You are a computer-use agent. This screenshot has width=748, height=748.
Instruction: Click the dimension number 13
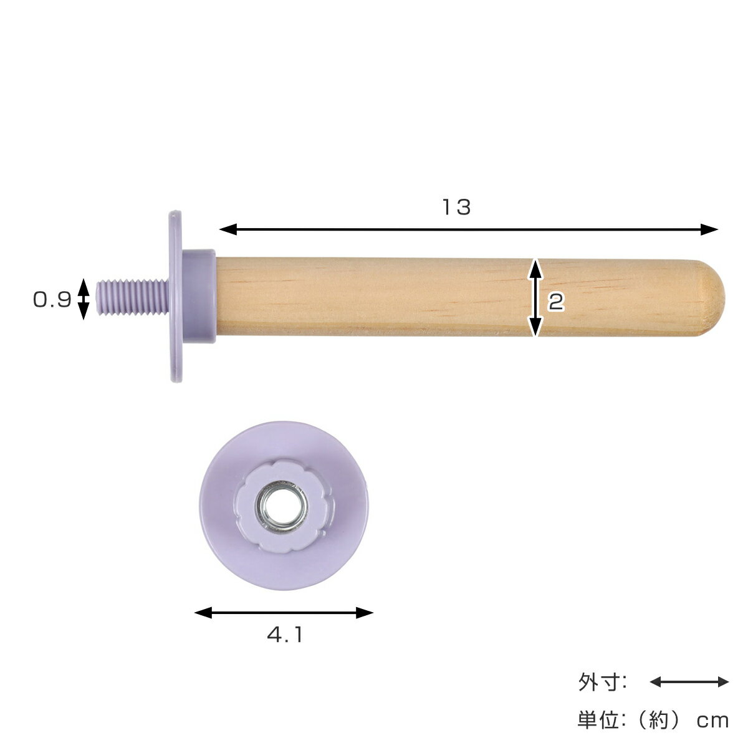coord(457,207)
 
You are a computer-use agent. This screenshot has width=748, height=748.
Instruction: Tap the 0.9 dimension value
coord(52,300)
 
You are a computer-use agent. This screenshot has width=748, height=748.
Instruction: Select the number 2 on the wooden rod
coord(556,302)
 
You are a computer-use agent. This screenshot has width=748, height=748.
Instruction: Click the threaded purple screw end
coord(132,297)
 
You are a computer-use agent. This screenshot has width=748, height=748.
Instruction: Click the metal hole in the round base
coord(282,507)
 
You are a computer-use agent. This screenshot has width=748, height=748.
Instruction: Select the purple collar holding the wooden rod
coord(199,296)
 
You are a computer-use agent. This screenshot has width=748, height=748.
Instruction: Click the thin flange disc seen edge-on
coord(175,297)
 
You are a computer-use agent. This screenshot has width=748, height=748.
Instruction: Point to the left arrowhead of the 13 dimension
coord(228,229)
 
